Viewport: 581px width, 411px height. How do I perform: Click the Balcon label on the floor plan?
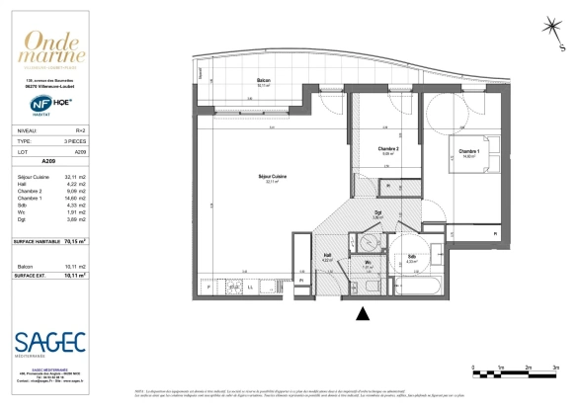(x=264, y=80)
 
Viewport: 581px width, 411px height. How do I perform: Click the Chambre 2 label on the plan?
(x=388, y=148)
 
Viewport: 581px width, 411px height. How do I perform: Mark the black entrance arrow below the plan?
(x=364, y=314)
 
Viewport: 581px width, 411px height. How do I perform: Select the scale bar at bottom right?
(x=514, y=371)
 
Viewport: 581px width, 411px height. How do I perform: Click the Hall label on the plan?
(x=326, y=255)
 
